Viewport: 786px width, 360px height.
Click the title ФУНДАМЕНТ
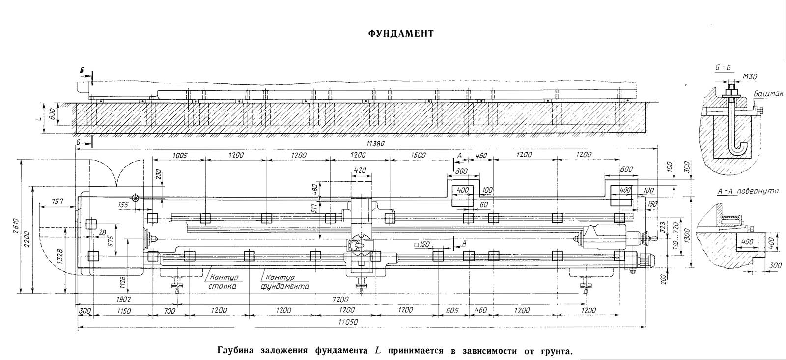(401, 34)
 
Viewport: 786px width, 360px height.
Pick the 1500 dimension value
(419, 155)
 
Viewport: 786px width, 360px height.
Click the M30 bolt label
(749, 77)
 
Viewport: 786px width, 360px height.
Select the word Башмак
(765, 97)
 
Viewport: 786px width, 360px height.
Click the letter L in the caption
(378, 351)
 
